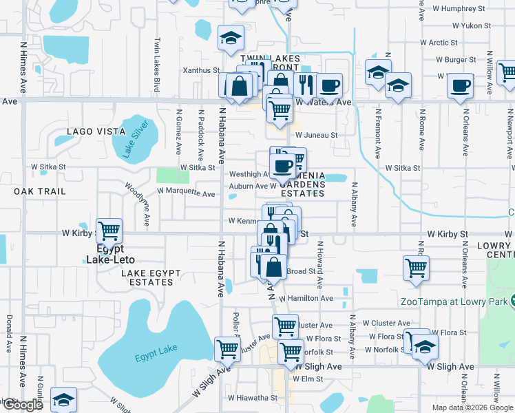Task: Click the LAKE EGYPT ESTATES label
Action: click(x=151, y=277)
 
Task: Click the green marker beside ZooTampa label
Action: click(x=511, y=301)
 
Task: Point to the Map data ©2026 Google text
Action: click(x=472, y=407)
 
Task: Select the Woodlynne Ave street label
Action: click(x=136, y=195)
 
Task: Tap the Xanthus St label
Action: click(x=200, y=70)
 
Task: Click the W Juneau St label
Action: click(x=316, y=136)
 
